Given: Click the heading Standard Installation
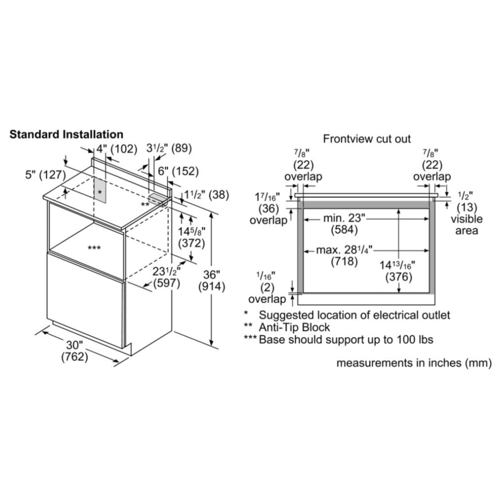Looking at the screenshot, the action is click(66, 134).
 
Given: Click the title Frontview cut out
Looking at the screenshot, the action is click(367, 139).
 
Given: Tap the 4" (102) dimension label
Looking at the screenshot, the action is click(117, 149).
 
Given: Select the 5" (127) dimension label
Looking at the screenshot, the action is click(45, 174).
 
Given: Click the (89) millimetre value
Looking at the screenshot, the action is click(181, 148).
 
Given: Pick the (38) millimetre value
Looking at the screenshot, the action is click(219, 195).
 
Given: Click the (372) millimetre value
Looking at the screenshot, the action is click(191, 244).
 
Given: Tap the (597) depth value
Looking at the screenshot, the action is click(166, 283).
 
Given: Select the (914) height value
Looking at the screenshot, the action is click(212, 287).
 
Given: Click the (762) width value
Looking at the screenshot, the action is click(75, 357).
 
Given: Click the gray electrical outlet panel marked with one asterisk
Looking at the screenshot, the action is click(100, 190).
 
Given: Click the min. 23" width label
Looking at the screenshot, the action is click(344, 218).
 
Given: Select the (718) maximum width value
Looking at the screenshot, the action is click(344, 261).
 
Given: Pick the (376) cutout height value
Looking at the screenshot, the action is click(399, 277).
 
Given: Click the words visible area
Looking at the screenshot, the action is click(467, 225).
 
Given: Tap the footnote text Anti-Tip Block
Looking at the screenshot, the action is click(294, 327).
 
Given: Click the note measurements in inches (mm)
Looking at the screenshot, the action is click(414, 363).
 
